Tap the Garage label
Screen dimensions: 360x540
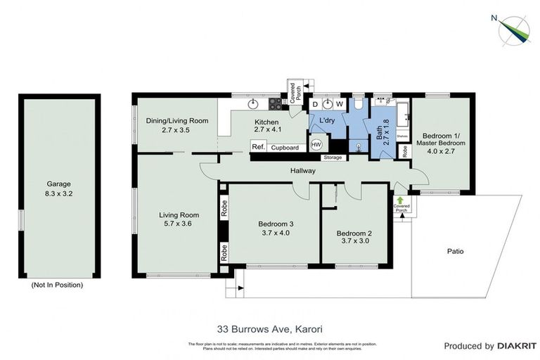pyautogui.click(x=58, y=184)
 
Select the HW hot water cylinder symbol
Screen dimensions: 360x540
pyautogui.click(x=316, y=145)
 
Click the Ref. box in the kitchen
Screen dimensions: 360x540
pyautogui.click(x=258, y=148)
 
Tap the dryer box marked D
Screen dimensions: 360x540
pyautogui.click(x=316, y=105)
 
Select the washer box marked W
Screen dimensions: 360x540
pyautogui.click(x=338, y=105)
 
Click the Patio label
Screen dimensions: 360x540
pyautogui.click(x=455, y=251)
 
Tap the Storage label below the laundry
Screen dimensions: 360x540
pyautogui.click(x=333, y=157)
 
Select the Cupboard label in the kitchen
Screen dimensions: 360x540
pyautogui.click(x=285, y=148)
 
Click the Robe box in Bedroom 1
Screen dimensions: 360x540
pyautogui.click(x=406, y=150)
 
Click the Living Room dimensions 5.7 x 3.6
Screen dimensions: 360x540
pyautogui.click(x=176, y=224)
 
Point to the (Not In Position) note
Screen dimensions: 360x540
pyautogui.click(x=58, y=285)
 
